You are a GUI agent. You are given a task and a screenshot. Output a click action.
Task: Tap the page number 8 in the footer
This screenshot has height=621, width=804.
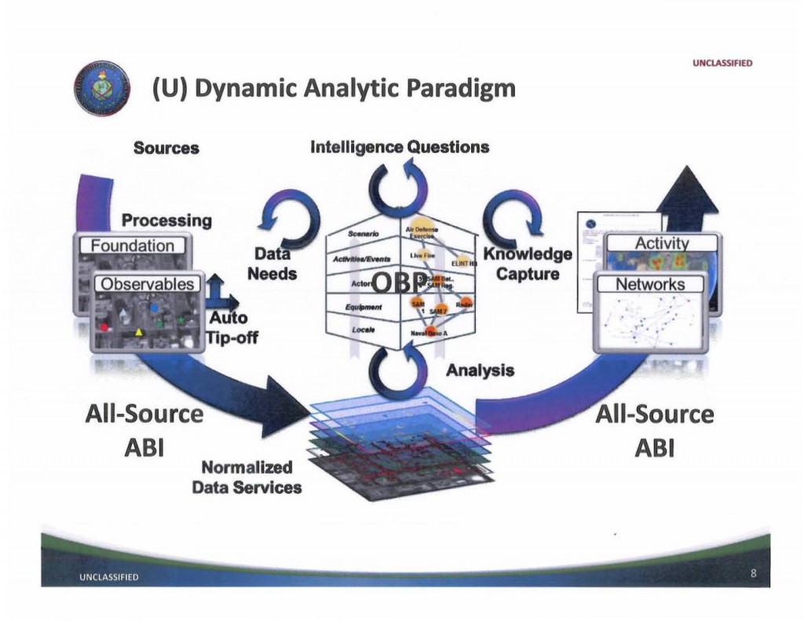click(753, 575)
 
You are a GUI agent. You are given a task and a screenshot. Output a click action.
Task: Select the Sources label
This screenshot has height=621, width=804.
click(166, 148)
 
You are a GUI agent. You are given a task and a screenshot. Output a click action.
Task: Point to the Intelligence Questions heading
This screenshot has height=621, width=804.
click(400, 147)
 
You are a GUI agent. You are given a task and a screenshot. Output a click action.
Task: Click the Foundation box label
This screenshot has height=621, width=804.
click(133, 246)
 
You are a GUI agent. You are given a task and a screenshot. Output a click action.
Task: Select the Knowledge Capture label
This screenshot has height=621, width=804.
click(527, 265)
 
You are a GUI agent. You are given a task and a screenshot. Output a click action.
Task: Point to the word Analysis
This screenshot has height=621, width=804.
click(480, 370)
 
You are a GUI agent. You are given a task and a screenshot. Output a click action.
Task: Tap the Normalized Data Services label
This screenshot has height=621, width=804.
click(247, 477)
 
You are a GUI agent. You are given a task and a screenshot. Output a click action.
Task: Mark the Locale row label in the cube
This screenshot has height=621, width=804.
click(363, 331)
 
